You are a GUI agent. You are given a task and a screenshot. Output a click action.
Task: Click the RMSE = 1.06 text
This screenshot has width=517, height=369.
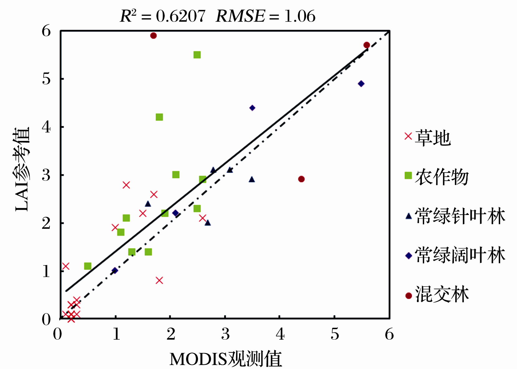pos(265,16)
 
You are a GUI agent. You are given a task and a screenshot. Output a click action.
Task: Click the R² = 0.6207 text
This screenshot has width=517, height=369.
pos(163,16)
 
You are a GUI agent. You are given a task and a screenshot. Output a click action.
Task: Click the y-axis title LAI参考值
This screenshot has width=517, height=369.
pos(22,169)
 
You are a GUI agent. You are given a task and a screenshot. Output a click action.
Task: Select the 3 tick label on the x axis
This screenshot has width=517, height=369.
pos(225,334)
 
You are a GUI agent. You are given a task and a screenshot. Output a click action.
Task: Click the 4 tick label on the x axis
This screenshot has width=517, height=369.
pos(280,334)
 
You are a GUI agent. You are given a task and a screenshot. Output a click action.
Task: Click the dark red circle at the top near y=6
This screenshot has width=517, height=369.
pos(153,36)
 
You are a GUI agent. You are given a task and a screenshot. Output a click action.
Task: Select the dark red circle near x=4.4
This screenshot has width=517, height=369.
pos(301,179)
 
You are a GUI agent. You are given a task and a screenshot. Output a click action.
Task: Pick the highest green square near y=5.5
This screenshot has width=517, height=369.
pos(197,55)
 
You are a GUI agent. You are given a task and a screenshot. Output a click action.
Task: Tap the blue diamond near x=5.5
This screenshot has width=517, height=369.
pos(361,84)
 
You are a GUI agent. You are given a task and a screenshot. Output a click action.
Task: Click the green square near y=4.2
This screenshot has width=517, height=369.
pos(159,117)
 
